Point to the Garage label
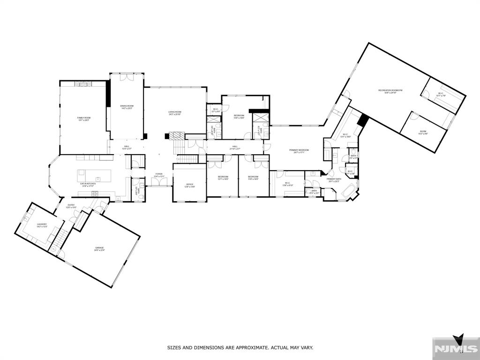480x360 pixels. (x=99, y=248)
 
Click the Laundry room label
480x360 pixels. (x=42, y=225)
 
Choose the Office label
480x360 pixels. (x=189, y=185)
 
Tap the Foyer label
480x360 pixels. (x=159, y=175)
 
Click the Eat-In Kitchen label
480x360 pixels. (x=88, y=184)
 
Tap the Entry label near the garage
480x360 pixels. (x=71, y=206)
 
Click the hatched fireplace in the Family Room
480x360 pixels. (x=84, y=83)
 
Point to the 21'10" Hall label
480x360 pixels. (x=234, y=147)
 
